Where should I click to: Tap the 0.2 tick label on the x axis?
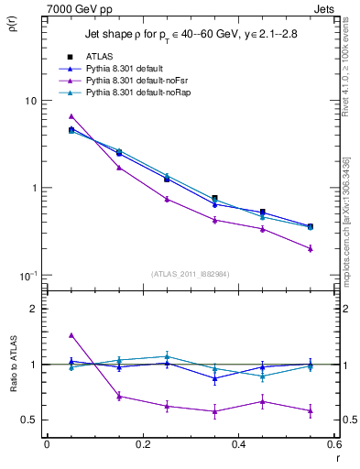(x=142, y=444)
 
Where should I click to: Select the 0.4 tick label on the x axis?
(x=238, y=444)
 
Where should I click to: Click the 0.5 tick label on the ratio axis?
(x=28, y=420)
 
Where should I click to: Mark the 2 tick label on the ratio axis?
(x=34, y=309)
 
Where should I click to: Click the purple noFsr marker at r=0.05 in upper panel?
(x=71, y=116)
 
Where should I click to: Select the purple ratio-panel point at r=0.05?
(x=71, y=335)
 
